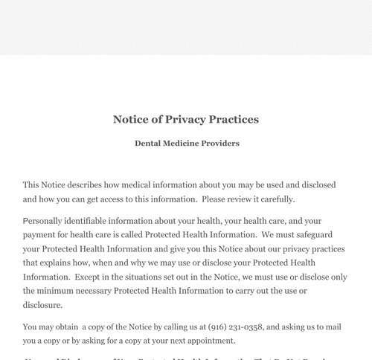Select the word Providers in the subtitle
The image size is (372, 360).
tap(216, 143)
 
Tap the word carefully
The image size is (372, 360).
tap(276, 199)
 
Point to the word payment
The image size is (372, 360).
tap(39, 235)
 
